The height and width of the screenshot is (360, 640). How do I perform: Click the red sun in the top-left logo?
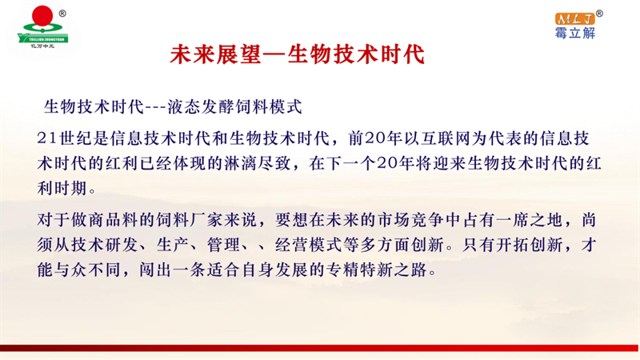tap(42, 16)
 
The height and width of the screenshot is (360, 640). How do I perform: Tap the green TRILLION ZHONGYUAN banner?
tap(43, 39)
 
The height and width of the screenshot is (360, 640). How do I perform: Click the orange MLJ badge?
tap(574, 18)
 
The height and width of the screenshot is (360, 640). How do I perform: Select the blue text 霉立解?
tap(575, 33)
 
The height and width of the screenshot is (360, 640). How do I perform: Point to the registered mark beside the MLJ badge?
tap(598, 14)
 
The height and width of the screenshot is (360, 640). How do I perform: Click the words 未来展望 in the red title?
tap(215, 54)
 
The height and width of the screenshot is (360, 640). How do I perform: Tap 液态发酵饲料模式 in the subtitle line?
tap(234, 107)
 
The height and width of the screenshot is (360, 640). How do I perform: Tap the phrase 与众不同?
tap(87, 270)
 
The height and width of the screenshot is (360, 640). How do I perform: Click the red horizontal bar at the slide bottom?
tap(320, 348)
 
